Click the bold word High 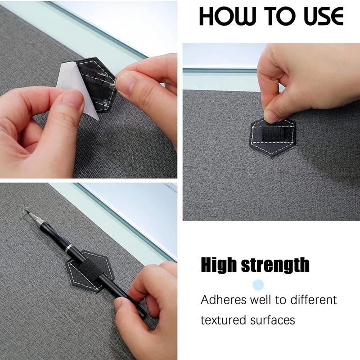pyautogui.click(x=219, y=265)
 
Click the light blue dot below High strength pyautogui.click(x=258, y=284)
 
